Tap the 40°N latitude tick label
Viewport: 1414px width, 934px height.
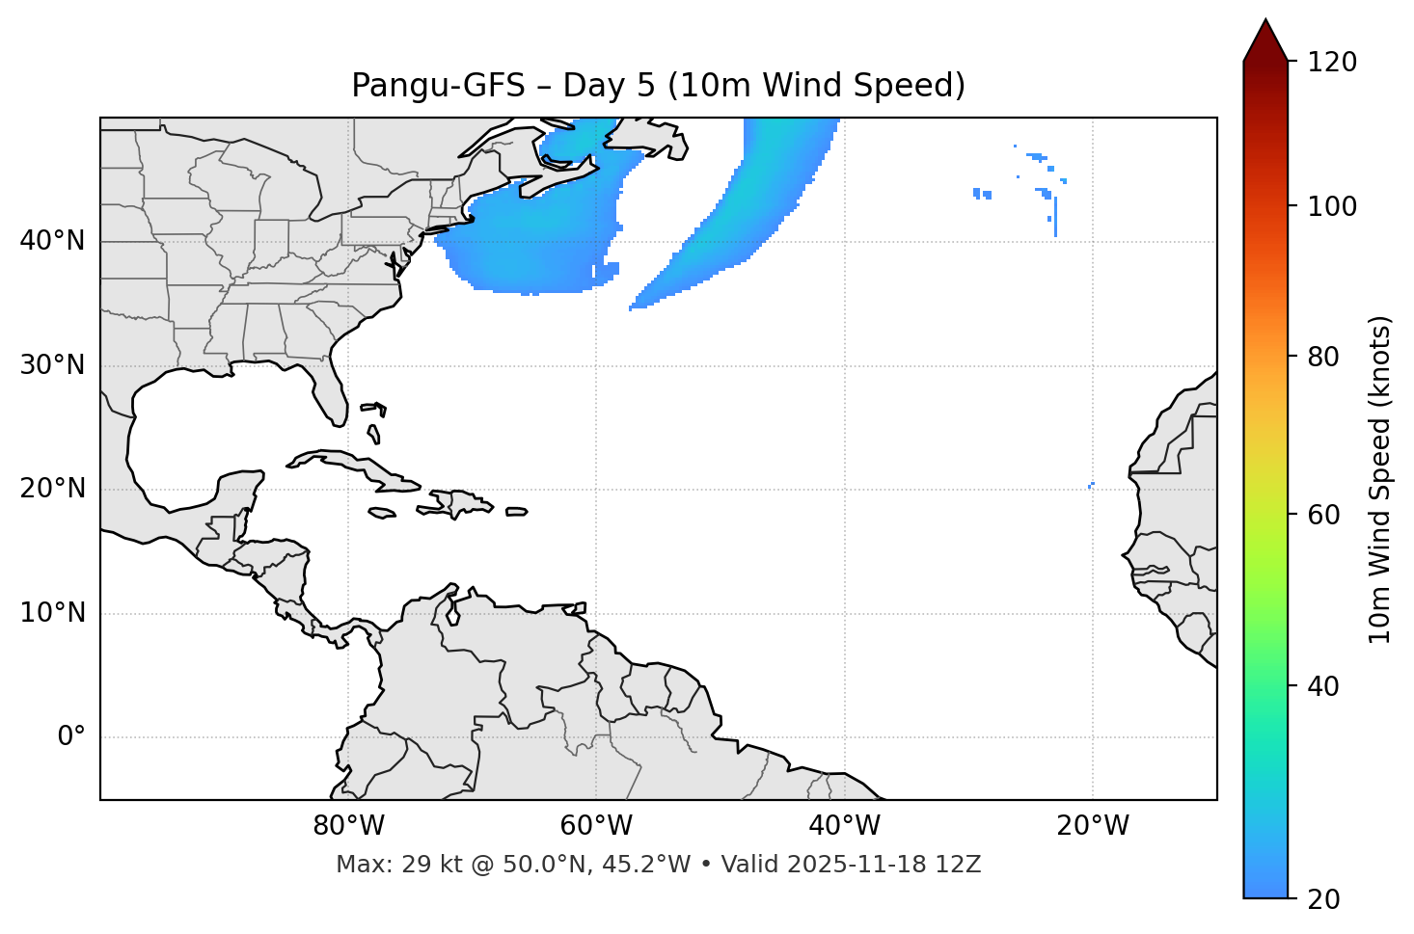click(52, 241)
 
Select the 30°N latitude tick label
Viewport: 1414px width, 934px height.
click(52, 365)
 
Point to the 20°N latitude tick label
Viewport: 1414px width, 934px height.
click(52, 489)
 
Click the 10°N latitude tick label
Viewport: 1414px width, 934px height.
click(52, 613)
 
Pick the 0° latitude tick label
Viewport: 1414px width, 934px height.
click(71, 737)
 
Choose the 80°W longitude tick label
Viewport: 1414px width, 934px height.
click(348, 826)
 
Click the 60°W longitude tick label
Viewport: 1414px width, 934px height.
click(596, 826)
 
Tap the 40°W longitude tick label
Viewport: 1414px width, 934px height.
click(844, 826)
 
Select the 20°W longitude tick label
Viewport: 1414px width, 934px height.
click(1093, 826)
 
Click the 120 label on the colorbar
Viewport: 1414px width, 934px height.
click(1332, 63)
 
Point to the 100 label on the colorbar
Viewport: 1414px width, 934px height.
click(1332, 206)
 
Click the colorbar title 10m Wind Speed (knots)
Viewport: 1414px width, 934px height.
click(1380, 480)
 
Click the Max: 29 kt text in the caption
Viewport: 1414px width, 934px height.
click(375, 865)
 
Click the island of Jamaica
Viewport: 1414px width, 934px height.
click(382, 513)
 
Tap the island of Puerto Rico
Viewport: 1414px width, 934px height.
click(517, 512)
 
